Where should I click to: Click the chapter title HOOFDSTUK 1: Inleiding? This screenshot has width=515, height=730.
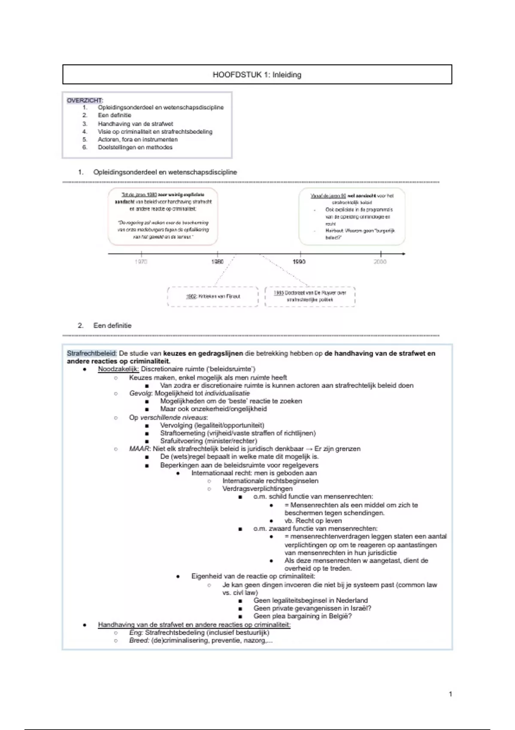(257, 75)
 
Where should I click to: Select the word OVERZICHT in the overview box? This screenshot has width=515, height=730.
(84, 100)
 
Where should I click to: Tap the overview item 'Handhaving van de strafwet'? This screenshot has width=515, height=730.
(135, 124)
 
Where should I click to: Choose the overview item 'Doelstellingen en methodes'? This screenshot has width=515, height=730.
(135, 147)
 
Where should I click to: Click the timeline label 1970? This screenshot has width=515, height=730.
(141, 262)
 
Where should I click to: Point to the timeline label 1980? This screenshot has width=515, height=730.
(217, 262)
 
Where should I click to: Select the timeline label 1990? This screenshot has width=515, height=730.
(299, 262)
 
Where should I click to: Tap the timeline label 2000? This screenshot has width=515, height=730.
(380, 262)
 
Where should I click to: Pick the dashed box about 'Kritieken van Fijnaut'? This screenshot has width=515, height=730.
(213, 296)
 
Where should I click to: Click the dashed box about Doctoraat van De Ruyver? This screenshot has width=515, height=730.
(310, 296)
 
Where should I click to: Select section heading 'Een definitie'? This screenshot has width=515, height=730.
(112, 325)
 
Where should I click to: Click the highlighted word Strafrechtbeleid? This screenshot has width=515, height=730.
(91, 353)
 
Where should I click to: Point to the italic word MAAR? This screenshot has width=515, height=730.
(139, 449)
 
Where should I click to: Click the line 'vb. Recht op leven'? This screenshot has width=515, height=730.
(313, 521)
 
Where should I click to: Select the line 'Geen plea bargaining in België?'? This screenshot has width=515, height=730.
(303, 616)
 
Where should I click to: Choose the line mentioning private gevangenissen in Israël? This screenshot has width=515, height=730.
(312, 608)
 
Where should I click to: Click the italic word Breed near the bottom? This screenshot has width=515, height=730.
(139, 641)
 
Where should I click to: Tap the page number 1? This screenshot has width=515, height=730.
(450, 694)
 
